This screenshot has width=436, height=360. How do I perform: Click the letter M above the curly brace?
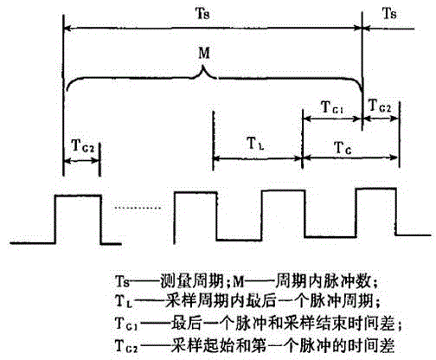204,53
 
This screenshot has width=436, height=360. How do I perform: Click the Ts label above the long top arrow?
202,13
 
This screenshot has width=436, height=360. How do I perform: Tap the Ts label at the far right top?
389,13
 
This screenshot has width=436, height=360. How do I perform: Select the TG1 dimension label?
332,107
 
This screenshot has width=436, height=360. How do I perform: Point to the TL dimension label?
255,144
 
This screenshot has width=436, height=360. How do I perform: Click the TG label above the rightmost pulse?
343,148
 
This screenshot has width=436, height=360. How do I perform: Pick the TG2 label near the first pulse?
83,145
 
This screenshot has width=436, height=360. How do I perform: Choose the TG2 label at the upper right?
380,106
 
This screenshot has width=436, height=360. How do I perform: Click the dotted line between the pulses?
138,208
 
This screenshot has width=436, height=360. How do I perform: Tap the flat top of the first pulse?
78,196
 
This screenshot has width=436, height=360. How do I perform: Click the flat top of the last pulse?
376,189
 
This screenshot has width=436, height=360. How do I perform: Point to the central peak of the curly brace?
204,67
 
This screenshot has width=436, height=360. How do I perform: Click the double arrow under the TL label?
257,158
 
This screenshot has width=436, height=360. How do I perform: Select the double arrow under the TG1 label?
332,119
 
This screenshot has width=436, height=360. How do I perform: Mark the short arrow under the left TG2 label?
81,160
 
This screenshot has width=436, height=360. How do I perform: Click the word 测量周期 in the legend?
192,280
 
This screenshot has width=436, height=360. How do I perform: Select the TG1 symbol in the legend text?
126,324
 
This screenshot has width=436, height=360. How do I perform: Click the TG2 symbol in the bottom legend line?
126,345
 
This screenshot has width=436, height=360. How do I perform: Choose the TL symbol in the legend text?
124,302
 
